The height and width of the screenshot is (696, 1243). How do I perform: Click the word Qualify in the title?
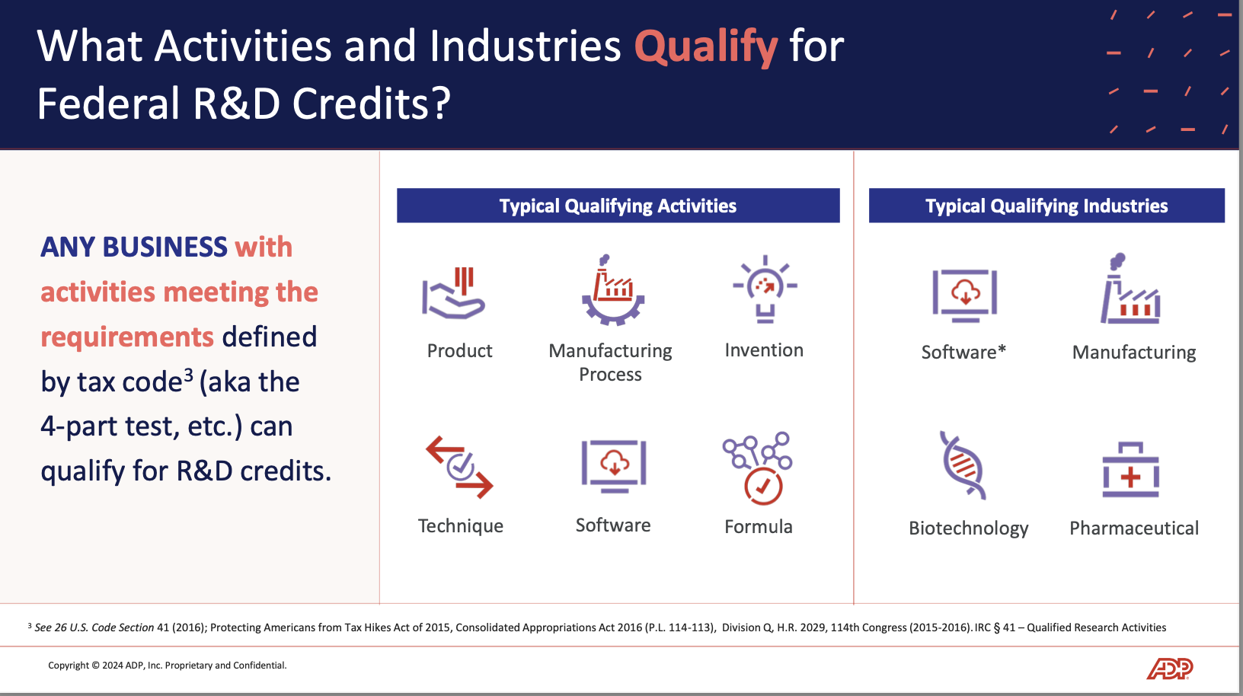click(x=705, y=47)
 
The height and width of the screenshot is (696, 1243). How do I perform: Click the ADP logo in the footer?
click(x=1169, y=669)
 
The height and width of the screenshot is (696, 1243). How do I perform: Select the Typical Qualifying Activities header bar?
click(x=618, y=206)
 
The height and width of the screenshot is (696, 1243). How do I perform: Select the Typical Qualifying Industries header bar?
click(x=1046, y=206)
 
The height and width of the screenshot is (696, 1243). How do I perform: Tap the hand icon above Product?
click(x=454, y=293)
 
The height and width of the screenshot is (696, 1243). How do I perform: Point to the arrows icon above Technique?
click(x=459, y=467)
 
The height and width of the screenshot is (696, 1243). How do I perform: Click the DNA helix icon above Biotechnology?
click(x=963, y=465)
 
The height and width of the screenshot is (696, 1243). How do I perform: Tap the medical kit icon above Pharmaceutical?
click(x=1131, y=471)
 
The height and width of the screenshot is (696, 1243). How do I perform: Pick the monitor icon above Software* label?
click(x=964, y=295)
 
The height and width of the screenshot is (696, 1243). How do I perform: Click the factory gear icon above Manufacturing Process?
click(x=613, y=291)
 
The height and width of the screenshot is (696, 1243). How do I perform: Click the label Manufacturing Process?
click(x=610, y=362)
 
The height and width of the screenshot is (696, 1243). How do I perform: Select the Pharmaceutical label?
click(x=1133, y=528)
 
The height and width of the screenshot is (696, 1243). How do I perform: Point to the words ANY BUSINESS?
click(x=134, y=247)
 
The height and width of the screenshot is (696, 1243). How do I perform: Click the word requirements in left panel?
click(x=127, y=337)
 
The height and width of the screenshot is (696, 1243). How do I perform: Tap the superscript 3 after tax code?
click(x=188, y=375)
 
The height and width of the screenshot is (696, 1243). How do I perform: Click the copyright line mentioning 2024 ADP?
click(x=168, y=666)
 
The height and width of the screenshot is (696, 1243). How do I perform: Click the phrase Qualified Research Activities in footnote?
click(x=1096, y=627)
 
